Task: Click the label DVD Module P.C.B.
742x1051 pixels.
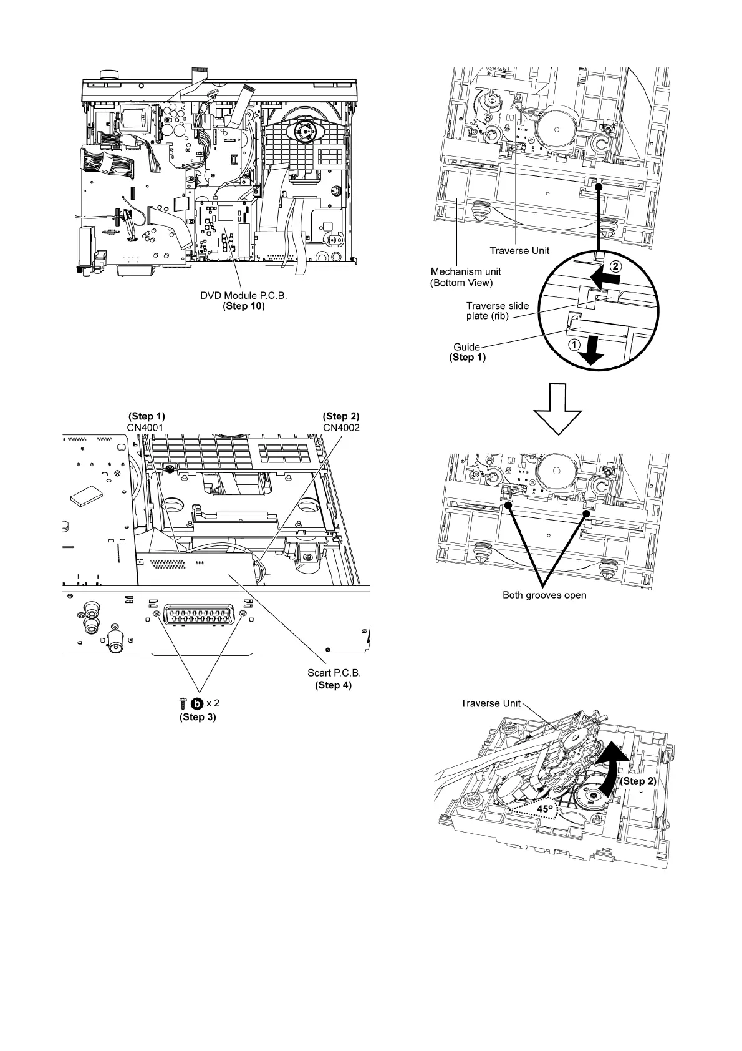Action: [243, 295]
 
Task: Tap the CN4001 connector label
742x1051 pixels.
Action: [146, 428]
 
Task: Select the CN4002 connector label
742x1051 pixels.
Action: [341, 428]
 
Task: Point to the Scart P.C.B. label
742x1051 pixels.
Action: [334, 673]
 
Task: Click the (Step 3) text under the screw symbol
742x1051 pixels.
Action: [198, 716]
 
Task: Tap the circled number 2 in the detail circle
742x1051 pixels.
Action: [615, 265]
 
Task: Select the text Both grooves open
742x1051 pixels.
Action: [544, 595]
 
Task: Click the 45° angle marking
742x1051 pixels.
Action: [546, 809]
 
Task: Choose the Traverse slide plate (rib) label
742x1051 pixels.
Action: [497, 311]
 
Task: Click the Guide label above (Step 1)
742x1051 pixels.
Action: [466, 347]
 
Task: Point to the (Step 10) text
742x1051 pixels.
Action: [243, 306]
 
